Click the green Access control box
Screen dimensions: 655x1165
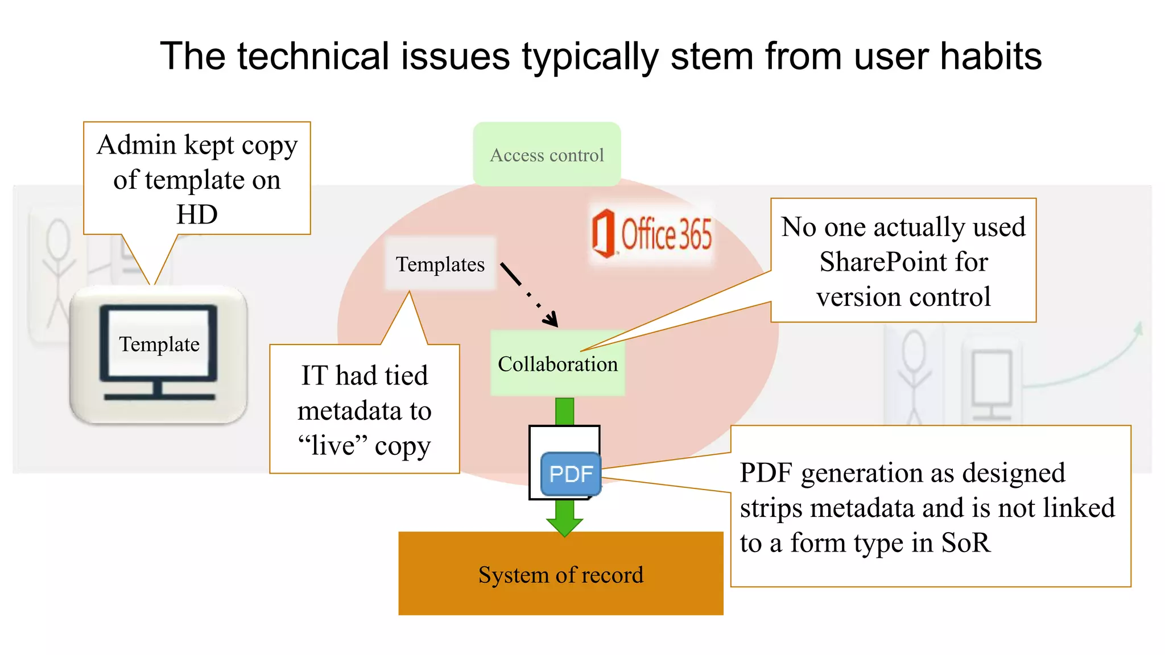(x=547, y=154)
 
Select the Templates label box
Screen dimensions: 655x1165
(x=440, y=264)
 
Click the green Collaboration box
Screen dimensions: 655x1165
(x=557, y=364)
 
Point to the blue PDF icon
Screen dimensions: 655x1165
(x=571, y=474)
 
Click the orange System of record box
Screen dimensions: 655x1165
(x=560, y=574)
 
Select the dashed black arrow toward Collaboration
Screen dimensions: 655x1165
(x=529, y=295)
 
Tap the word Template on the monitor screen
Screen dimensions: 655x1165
(x=159, y=345)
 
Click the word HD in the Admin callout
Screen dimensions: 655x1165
(x=197, y=215)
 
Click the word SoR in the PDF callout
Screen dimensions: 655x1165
(x=966, y=543)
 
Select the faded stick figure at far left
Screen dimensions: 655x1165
(x=57, y=273)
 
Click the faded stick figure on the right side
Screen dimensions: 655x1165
(x=914, y=375)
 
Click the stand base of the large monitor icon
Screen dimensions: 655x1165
(x=159, y=396)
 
